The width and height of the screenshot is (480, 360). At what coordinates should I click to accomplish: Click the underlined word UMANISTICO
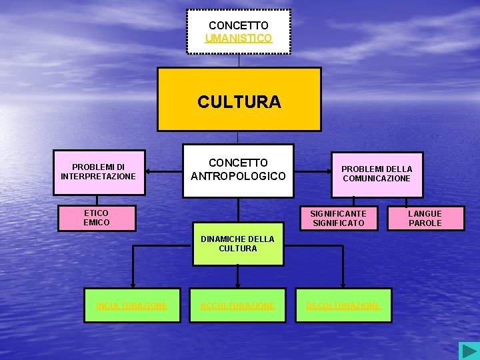coord(239,39)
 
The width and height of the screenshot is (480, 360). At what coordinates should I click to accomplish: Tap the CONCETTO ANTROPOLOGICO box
coord(238,170)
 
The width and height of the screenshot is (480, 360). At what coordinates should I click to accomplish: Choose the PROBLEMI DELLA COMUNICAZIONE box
coord(377,173)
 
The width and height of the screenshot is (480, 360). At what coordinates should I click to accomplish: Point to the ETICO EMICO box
coord(97,217)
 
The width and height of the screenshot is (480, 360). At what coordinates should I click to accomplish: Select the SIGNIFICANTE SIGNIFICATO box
coord(338,218)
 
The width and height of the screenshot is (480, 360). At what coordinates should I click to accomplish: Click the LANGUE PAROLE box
coord(425,218)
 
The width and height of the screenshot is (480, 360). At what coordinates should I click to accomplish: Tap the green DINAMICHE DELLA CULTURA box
coord(238,243)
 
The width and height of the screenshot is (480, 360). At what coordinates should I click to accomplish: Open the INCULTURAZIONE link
coord(132,305)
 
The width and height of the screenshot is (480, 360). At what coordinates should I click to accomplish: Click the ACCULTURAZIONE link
coord(238,305)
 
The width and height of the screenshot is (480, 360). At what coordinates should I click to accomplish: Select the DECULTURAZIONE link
coord(343,305)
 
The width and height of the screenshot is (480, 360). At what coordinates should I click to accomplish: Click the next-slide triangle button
coord(469,351)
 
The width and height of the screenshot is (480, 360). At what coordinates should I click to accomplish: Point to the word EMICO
coord(97,223)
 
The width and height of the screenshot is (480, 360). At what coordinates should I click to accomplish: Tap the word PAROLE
coord(425,223)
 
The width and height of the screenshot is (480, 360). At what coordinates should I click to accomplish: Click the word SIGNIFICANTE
coord(338,213)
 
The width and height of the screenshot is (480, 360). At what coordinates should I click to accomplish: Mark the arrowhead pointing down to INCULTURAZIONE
coord(132,285)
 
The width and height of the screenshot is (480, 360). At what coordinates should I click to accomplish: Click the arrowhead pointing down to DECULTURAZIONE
coord(343,285)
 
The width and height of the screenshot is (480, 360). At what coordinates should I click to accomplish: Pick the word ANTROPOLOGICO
coord(238,176)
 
